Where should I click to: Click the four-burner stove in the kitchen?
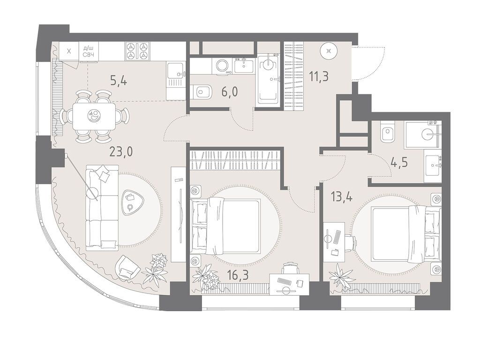137,51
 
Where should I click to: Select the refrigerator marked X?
69,51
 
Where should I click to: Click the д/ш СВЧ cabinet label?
89,51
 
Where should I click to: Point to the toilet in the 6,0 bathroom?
200,91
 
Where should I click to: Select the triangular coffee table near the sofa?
130,202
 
